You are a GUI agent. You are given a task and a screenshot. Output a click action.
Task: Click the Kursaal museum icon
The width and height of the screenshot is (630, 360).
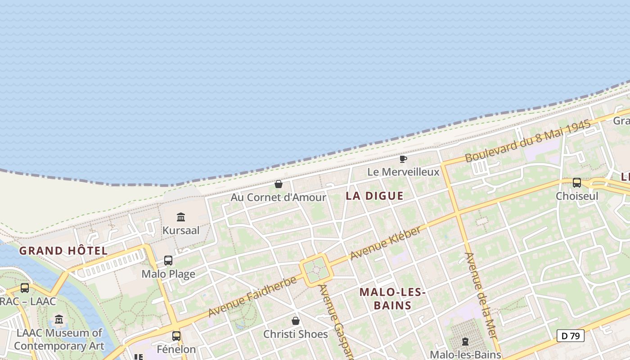pyautogui.click(x=181, y=217)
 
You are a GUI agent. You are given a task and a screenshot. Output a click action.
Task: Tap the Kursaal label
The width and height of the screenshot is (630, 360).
pyautogui.click(x=181, y=230)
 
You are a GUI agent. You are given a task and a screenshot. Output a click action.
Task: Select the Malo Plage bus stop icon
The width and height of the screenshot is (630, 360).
pyautogui.click(x=168, y=261)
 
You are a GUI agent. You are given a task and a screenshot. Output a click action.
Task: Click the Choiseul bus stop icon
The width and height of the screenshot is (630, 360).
pyautogui.click(x=577, y=183)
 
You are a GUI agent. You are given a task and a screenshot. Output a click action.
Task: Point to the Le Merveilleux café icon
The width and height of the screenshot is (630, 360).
pyautogui.click(x=403, y=159)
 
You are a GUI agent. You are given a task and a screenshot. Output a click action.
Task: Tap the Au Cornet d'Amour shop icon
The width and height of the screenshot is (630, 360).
pyautogui.click(x=279, y=184)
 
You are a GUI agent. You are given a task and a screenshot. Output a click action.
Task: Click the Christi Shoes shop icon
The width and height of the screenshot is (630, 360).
pyautogui.click(x=296, y=321)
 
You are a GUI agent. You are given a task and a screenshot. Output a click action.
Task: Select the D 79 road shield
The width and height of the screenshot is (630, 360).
pyautogui.click(x=570, y=335)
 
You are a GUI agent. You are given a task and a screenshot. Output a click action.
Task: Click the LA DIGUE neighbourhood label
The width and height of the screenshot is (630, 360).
pyautogui.click(x=374, y=196)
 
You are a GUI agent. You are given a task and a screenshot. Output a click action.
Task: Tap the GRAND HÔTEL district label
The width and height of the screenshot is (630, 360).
pyautogui.click(x=63, y=251)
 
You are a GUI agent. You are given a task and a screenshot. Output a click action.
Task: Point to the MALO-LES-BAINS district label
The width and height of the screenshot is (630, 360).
pyautogui.click(x=392, y=299)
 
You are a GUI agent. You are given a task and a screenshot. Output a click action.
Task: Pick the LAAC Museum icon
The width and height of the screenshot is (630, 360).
pyautogui.click(x=59, y=319)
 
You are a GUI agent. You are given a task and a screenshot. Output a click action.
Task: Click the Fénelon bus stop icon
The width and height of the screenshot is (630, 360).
pyautogui.click(x=176, y=336)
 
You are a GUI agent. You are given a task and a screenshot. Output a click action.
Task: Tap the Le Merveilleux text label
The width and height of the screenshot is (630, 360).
pyautogui.click(x=403, y=172)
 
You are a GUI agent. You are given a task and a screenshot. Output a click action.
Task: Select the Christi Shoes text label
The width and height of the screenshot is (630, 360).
pyautogui.click(x=296, y=334)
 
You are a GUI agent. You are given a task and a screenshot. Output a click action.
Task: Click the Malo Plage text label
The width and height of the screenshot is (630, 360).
pyautogui.click(x=168, y=274)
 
